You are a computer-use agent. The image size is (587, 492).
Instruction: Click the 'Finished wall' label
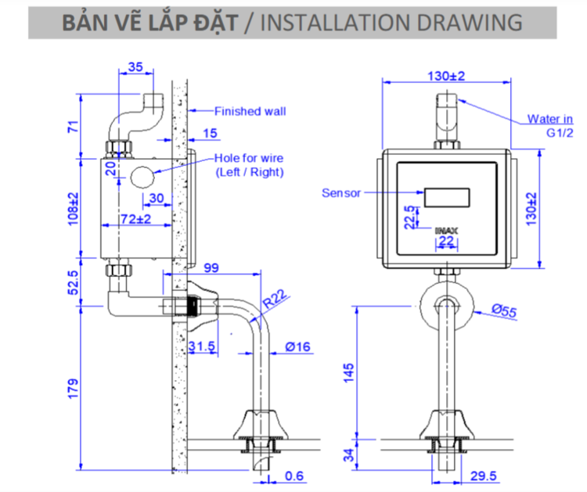click(250, 111)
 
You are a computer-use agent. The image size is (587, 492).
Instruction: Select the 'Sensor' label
click(341, 192)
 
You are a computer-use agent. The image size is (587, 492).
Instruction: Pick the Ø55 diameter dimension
click(505, 311)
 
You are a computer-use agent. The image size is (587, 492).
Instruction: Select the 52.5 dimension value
click(73, 281)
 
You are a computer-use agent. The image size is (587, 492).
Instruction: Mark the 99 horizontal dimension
click(211, 268)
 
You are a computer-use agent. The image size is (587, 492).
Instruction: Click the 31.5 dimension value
click(202, 347)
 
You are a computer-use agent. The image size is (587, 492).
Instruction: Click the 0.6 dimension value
click(294, 476)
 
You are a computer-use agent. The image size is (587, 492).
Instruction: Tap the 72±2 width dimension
click(135, 221)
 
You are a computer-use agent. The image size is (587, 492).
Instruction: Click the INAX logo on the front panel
click(445, 231)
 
